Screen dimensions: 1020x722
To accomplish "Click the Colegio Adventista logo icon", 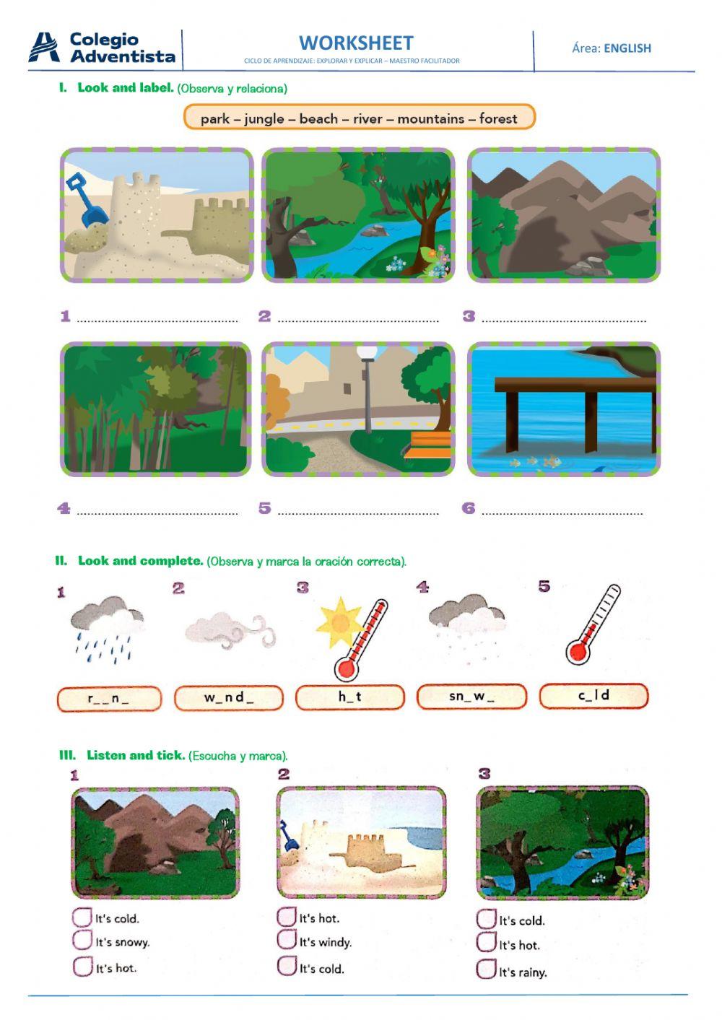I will click(x=45, y=48).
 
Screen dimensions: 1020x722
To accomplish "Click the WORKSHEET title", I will click(x=356, y=43).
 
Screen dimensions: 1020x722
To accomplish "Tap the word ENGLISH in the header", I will click(x=627, y=48).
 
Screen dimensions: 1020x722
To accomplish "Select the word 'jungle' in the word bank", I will click(x=264, y=118).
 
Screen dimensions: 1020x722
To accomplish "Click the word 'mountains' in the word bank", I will click(x=430, y=118).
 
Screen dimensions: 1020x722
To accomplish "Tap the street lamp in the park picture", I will click(x=367, y=390).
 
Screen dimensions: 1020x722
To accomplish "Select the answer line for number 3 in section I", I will click(x=563, y=318).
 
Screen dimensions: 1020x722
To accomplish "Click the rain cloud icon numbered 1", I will click(x=106, y=626).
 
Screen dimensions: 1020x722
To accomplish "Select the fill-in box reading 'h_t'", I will click(x=349, y=697).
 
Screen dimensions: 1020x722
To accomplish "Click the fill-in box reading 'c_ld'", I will click(x=593, y=696).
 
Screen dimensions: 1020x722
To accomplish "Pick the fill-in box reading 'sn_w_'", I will click(x=471, y=697).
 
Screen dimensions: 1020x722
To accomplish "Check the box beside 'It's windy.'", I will click(x=286, y=941).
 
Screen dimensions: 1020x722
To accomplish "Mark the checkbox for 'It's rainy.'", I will click(x=485, y=969).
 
